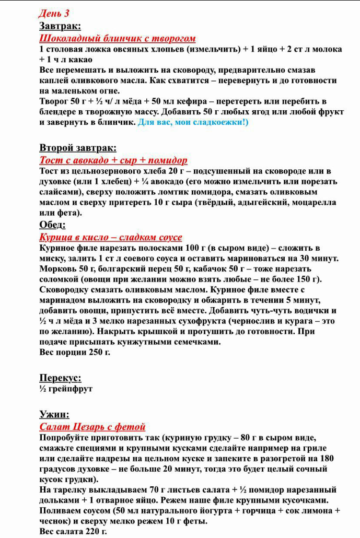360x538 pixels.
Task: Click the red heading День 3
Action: tap(54, 14)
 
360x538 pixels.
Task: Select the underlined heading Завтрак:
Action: tap(60, 26)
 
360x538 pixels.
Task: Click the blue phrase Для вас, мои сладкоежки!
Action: tap(193, 122)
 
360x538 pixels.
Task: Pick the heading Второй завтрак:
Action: tap(78, 148)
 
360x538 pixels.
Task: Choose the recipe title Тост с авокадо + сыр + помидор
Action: tap(113, 160)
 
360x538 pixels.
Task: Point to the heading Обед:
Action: tap(52, 225)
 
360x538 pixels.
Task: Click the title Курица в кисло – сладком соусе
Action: tap(111, 237)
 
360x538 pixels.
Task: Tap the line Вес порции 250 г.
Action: tap(75, 352)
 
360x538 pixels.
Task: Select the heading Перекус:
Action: tap(60, 377)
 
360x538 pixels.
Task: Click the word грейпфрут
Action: tap(70, 389)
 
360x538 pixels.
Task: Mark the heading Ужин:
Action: tap(54, 414)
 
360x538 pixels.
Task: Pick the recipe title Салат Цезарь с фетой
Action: tap(92, 426)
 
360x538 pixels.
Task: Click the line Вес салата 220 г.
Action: tap(73, 531)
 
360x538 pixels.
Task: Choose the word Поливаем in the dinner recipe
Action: tap(60, 510)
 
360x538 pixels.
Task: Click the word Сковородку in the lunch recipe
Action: tap(64, 289)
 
